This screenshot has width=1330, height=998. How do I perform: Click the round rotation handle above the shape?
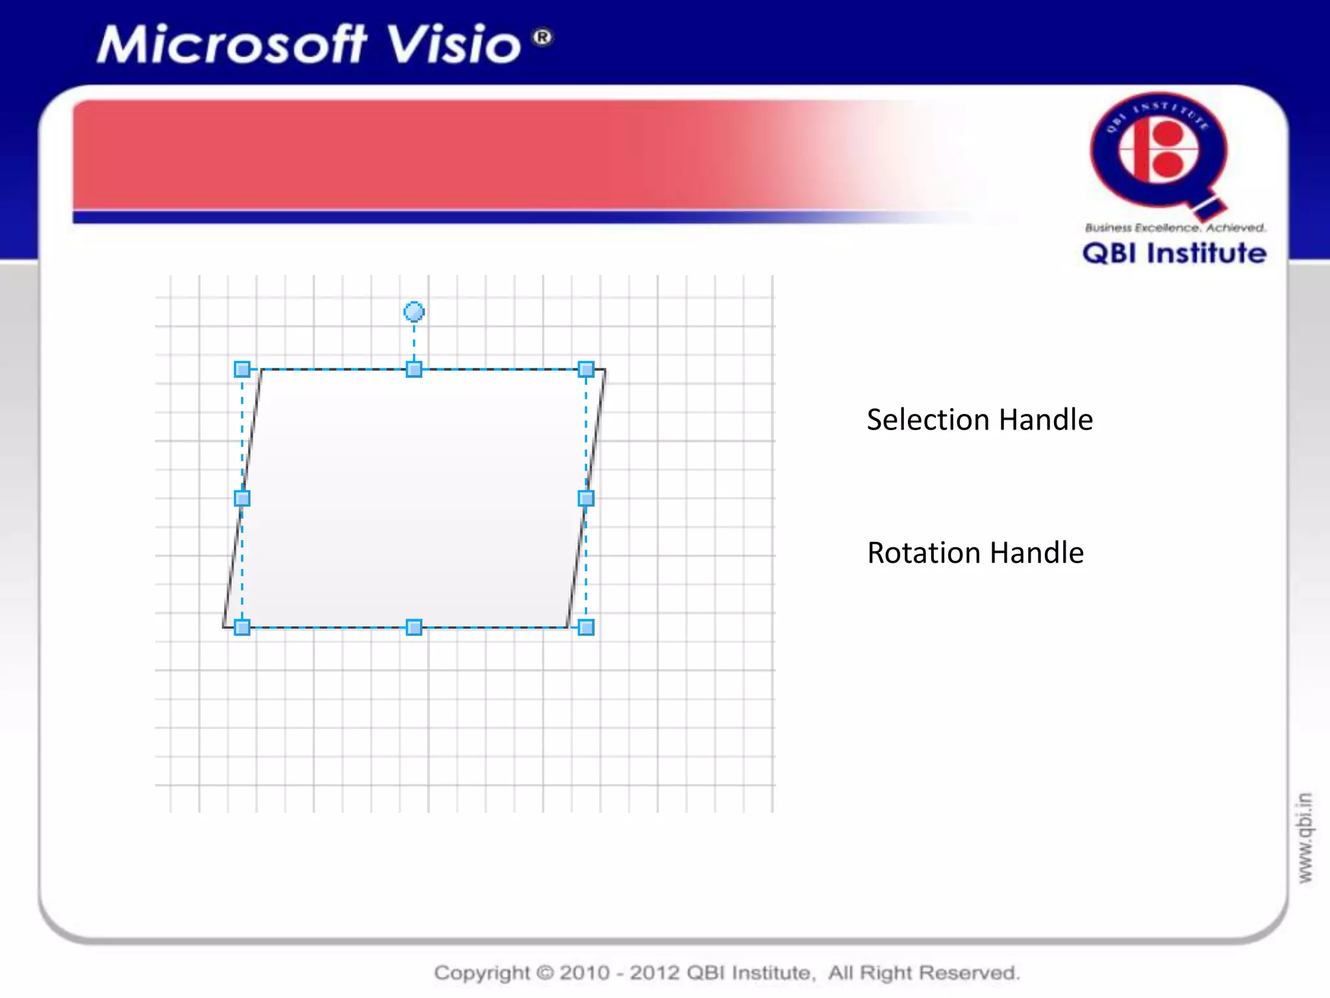414,312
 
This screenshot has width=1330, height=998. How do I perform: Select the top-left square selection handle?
242,370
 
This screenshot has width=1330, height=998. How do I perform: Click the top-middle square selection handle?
414,370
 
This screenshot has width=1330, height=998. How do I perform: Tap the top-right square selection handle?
586,370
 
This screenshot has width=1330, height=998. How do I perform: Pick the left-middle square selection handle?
242,498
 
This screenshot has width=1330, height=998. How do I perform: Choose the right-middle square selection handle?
586,498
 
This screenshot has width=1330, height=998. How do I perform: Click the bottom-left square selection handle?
242,628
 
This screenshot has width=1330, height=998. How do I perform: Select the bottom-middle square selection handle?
414,628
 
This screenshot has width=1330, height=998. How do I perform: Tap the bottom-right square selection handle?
586,628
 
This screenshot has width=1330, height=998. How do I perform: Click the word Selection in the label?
929,420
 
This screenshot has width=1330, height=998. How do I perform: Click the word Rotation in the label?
923,553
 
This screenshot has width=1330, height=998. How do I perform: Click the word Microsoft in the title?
231,45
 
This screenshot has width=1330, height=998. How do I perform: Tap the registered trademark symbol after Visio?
542,37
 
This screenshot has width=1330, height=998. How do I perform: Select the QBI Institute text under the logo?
1174,253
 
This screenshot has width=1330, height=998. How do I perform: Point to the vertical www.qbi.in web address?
1305,838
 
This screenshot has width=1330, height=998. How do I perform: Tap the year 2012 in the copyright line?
655,973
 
